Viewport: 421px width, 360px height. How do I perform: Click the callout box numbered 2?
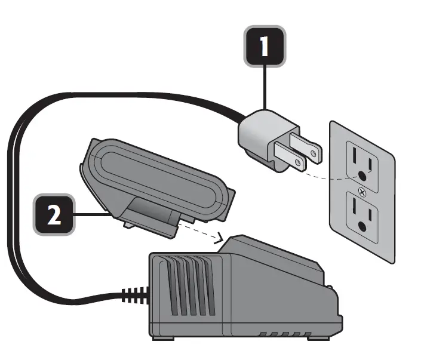coord(54,214)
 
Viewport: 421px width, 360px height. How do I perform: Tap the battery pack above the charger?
coord(158,179)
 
